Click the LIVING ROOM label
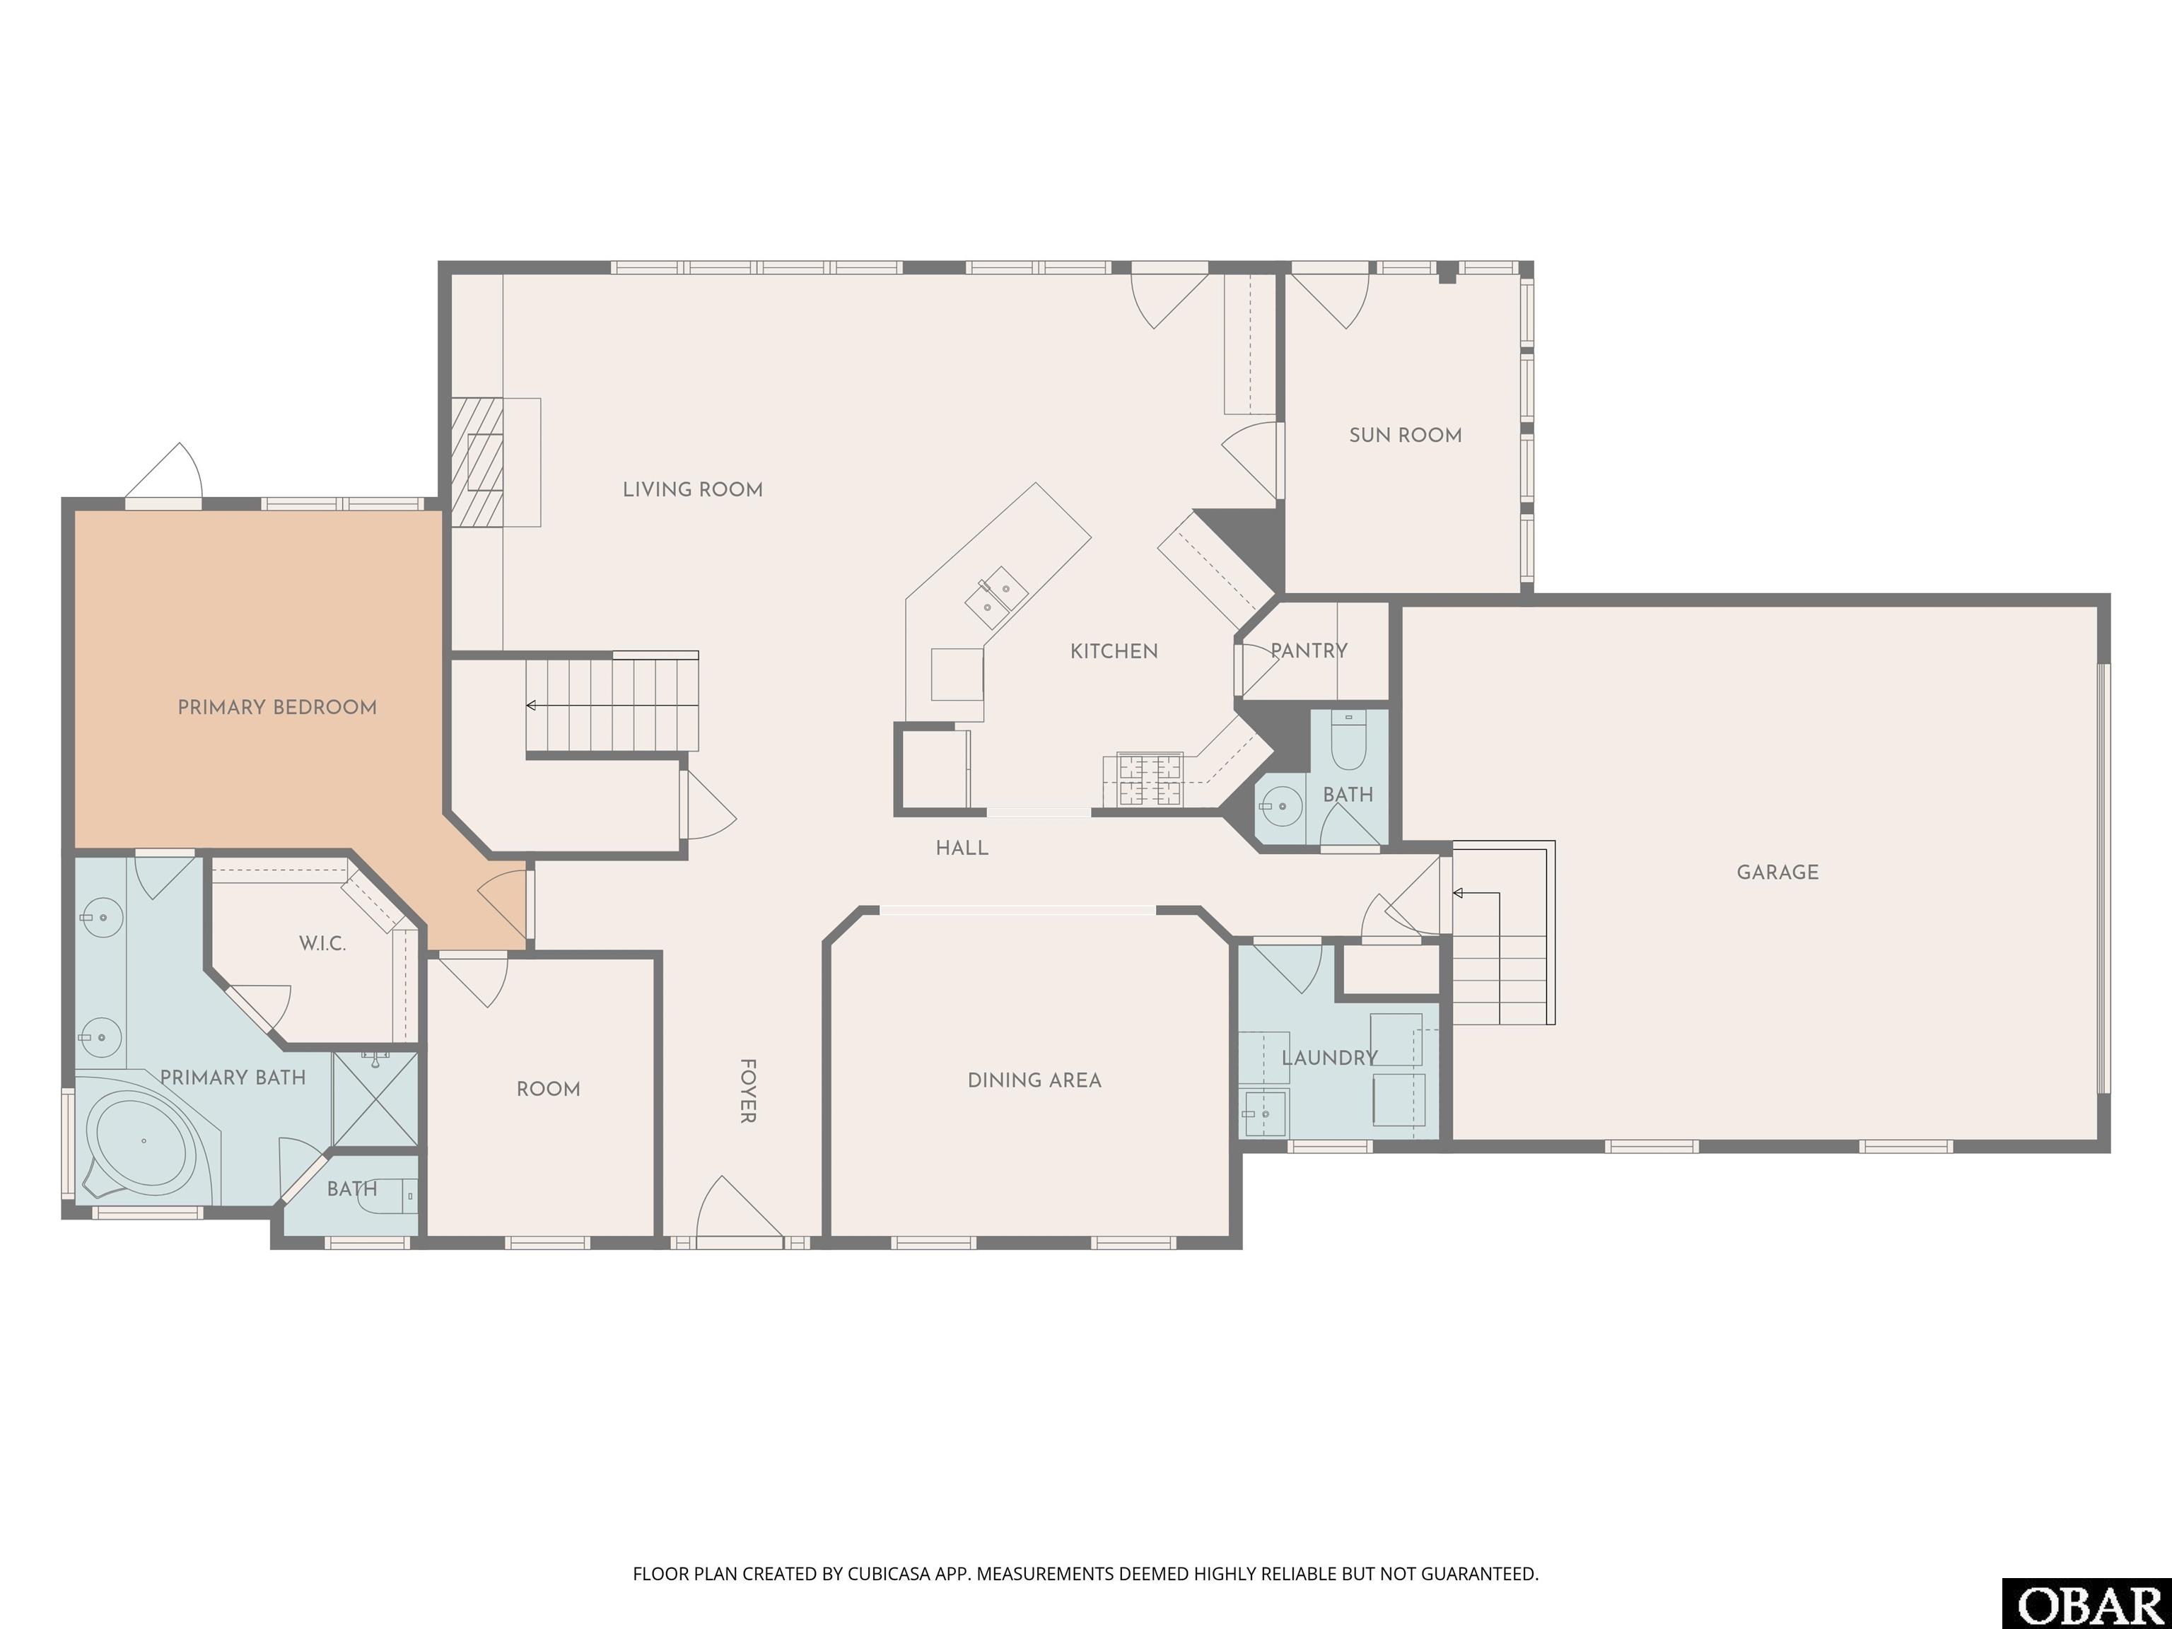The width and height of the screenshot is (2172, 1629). pyautogui.click(x=692, y=489)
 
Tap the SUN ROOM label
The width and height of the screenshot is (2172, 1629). pyautogui.click(x=1405, y=435)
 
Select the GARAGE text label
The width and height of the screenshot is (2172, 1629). pyautogui.click(x=1777, y=872)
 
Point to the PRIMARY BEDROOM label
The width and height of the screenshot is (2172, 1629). pyautogui.click(x=277, y=707)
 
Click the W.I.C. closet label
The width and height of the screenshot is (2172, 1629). pyautogui.click(x=322, y=944)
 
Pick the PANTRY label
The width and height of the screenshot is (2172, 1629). pyautogui.click(x=1309, y=650)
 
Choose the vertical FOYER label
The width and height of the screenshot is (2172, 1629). pyautogui.click(x=747, y=1090)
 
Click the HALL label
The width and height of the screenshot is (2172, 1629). pyautogui.click(x=962, y=848)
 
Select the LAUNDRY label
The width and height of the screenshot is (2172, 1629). pyautogui.click(x=1329, y=1058)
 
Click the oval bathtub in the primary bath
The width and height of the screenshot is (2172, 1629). pyautogui.click(x=144, y=1141)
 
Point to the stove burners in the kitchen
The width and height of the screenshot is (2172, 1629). pyautogui.click(x=1149, y=780)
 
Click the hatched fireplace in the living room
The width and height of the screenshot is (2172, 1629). pyautogui.click(x=477, y=462)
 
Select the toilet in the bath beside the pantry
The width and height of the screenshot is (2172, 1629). pyautogui.click(x=1348, y=742)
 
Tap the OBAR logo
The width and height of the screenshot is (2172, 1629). pyautogui.click(x=2086, y=1606)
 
